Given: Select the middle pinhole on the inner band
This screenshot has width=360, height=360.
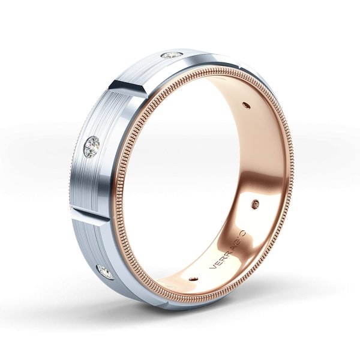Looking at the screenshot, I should click(x=258, y=203).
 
